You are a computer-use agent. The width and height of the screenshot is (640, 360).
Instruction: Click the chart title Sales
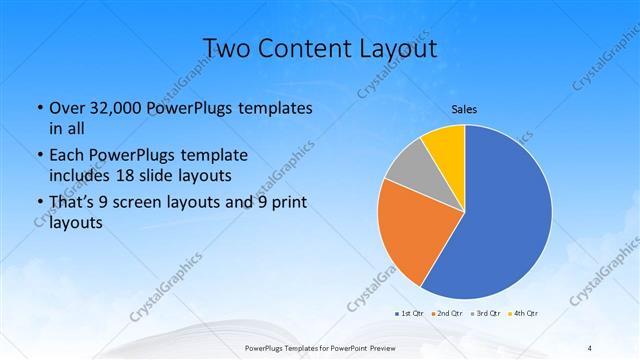point(465,108)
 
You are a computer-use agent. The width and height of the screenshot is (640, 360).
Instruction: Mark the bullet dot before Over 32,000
point(38,109)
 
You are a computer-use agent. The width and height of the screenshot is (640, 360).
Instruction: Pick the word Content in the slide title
point(307,48)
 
